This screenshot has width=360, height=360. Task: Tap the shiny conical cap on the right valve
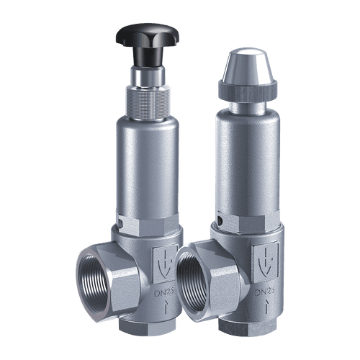click(247, 66)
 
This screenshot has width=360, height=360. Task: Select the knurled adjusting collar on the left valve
click(147, 102)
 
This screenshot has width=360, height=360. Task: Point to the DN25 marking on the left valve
click(164, 292)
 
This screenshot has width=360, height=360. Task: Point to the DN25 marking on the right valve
click(264, 292)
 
